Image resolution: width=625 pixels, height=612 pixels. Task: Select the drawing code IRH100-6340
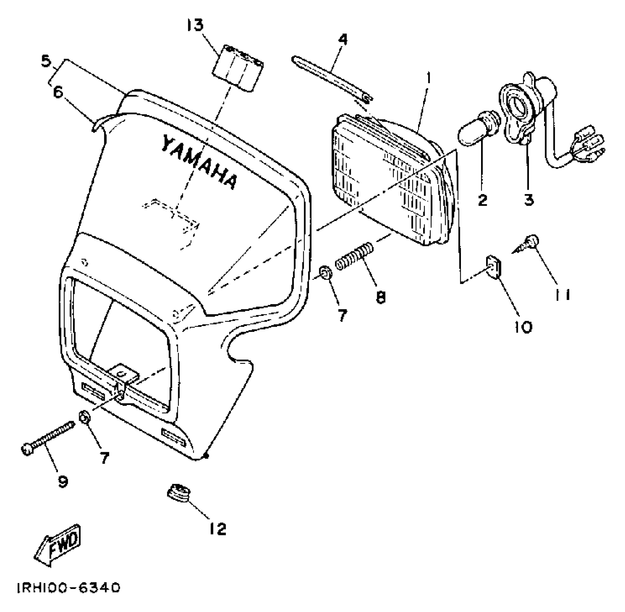coord(68,588)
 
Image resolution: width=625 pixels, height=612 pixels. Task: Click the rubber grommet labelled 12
coord(179,493)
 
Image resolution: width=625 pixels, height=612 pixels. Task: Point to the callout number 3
coord(528,199)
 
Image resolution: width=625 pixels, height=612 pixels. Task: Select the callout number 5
coord(46,61)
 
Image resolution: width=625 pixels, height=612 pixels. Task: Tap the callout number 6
coord(58,92)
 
